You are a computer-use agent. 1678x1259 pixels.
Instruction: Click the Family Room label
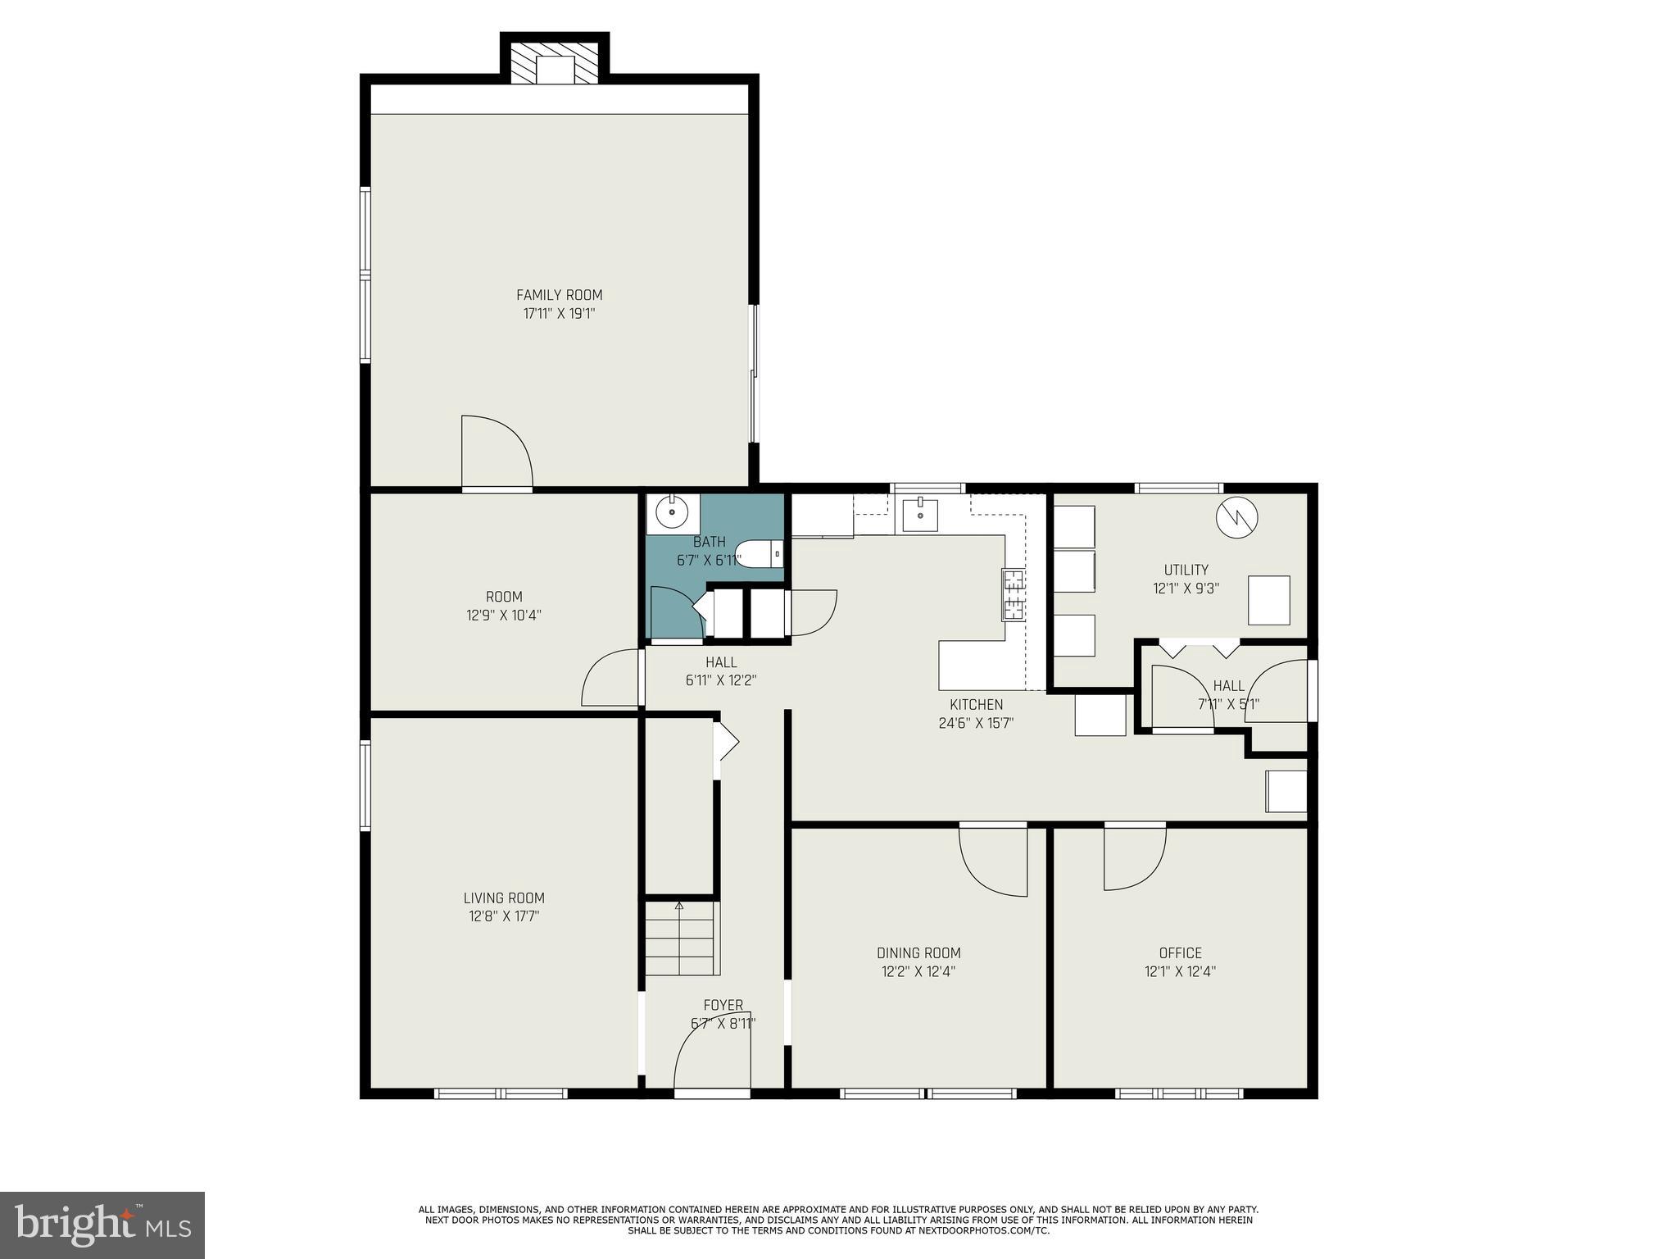click(559, 295)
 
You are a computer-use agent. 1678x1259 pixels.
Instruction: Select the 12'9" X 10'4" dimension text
click(504, 615)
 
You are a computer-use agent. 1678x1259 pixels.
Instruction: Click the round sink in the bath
click(673, 513)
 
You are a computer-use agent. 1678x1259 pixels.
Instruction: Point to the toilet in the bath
click(759, 555)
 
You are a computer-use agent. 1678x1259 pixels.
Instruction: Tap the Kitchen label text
click(976, 704)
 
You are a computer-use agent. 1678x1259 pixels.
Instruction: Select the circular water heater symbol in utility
click(1236, 518)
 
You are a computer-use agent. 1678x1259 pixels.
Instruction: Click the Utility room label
click(1186, 570)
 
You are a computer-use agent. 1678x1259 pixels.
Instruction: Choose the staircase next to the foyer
click(682, 939)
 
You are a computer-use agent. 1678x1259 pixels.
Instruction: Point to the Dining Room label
click(918, 952)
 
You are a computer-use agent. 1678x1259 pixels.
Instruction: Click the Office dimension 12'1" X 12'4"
click(1180, 971)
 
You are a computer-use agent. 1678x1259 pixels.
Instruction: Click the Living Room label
click(504, 898)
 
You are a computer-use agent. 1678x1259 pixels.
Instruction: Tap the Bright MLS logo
click(102, 1225)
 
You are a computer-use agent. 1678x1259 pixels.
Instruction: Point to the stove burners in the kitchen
click(1014, 594)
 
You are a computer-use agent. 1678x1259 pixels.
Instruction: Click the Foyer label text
click(723, 1005)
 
